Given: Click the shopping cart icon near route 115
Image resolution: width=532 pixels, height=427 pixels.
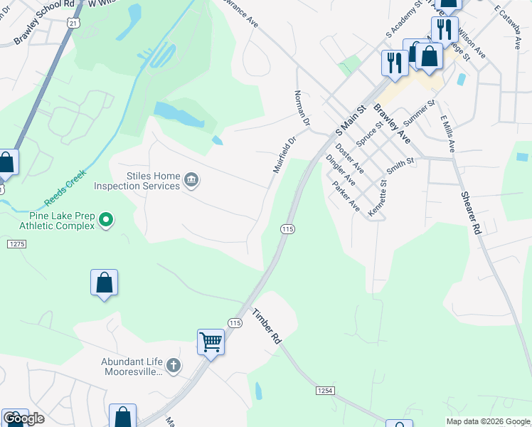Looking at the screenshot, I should click(x=211, y=342).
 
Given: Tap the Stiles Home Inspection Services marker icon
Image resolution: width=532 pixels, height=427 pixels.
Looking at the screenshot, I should click(x=191, y=180).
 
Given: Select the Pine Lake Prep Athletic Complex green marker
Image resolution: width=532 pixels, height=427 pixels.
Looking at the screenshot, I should click(x=106, y=220).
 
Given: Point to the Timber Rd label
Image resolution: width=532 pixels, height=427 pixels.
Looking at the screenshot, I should click(x=267, y=327).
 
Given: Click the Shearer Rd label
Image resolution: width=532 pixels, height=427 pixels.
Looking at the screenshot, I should click(x=471, y=213).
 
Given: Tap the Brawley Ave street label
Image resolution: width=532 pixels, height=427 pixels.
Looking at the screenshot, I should click(x=392, y=125).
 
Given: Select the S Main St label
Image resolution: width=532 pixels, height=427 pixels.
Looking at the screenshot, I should click(x=350, y=120).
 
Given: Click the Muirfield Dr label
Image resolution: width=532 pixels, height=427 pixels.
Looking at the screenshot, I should click(x=284, y=155).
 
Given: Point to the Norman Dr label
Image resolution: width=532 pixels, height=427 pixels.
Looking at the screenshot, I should click(x=302, y=108).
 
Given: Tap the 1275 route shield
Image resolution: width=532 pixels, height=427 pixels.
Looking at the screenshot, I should click(x=16, y=244).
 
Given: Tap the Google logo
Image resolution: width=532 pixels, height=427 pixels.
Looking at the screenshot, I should click(x=23, y=418).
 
